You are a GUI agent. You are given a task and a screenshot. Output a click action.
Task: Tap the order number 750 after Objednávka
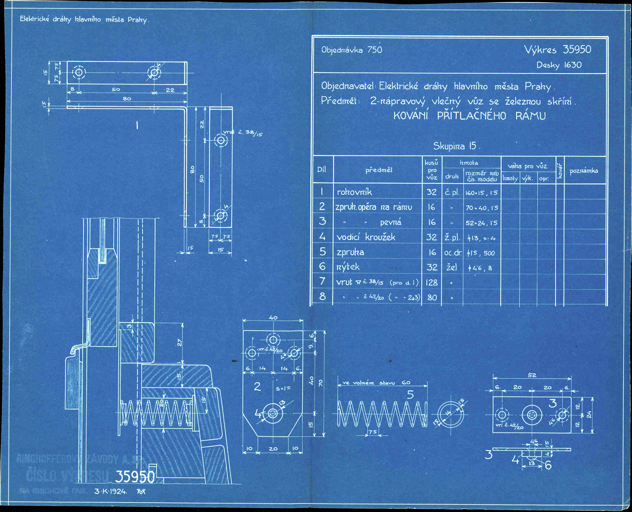(374, 50)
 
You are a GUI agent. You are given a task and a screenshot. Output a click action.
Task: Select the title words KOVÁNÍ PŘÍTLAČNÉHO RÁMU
(469, 116)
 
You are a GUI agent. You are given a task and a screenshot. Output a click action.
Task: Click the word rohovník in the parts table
(354, 192)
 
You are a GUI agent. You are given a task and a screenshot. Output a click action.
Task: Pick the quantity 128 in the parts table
(431, 283)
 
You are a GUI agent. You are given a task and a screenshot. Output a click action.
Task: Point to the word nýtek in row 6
(348, 267)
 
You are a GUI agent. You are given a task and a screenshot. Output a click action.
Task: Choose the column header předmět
(379, 170)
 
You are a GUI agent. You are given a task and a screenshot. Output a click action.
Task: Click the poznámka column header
(583, 171)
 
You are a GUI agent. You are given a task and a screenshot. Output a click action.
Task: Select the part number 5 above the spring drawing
(410, 395)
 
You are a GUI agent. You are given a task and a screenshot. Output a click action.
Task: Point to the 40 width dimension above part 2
(273, 318)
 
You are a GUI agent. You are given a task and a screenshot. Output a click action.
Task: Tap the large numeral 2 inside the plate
(257, 387)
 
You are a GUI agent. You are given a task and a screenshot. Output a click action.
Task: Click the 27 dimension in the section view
(179, 342)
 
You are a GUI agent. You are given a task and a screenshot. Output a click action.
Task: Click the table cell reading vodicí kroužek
(365, 237)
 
